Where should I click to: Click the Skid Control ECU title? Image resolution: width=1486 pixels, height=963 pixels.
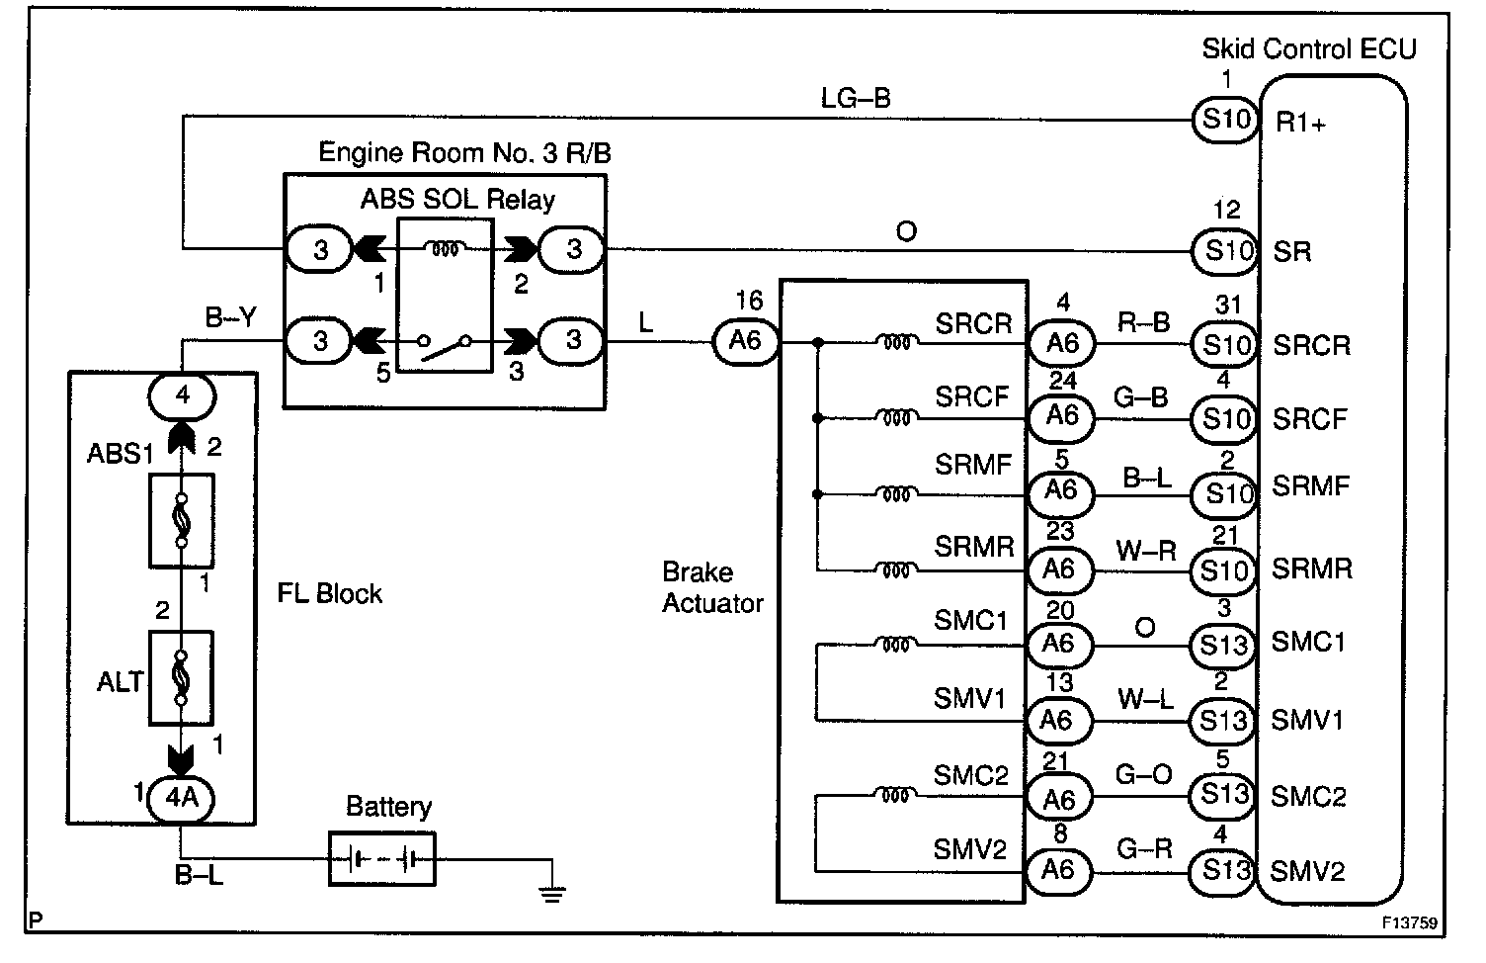click(x=1309, y=49)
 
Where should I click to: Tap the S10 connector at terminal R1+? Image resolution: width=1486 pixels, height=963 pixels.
click(x=1226, y=120)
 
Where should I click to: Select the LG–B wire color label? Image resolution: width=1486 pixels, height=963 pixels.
click(x=856, y=98)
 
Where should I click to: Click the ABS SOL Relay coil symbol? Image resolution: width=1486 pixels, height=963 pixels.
click(x=446, y=249)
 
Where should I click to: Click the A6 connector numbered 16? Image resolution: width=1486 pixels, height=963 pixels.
click(x=745, y=341)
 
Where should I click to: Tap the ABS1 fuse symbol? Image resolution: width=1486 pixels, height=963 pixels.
click(x=182, y=520)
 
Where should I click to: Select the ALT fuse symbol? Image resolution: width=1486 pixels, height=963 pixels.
click(x=181, y=677)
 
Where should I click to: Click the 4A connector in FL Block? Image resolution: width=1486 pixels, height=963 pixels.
click(x=181, y=798)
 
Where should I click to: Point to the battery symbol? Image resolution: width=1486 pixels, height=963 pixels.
click(x=382, y=859)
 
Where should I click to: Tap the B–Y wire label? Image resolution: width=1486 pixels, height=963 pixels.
click(x=230, y=318)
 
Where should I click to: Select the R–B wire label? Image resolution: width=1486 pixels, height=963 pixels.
click(x=1144, y=322)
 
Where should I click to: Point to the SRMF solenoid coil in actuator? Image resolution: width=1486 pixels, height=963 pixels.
click(x=896, y=494)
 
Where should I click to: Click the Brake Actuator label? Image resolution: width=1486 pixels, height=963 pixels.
click(x=712, y=588)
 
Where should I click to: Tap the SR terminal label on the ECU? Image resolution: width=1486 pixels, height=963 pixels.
click(x=1292, y=252)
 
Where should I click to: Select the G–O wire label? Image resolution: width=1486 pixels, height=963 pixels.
click(x=1144, y=774)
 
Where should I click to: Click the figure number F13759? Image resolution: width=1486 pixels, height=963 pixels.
click(x=1410, y=923)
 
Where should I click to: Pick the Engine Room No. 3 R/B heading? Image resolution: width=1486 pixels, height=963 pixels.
click(x=464, y=153)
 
